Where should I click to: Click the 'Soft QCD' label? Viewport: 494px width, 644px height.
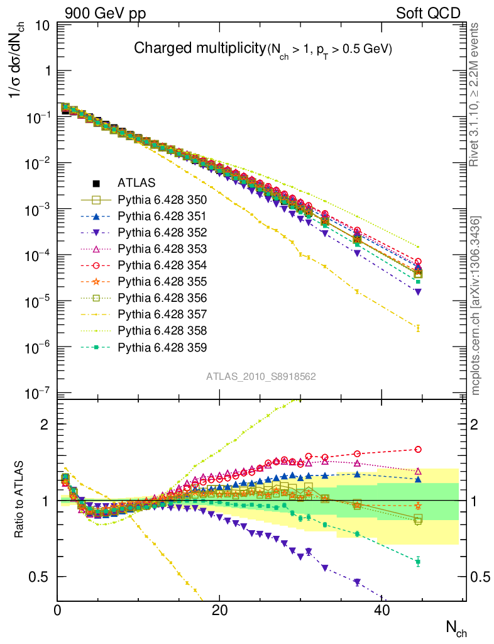coord(428,13)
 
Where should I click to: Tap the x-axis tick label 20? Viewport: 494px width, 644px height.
coord(219,610)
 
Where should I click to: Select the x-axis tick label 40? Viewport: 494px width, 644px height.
coord(381,610)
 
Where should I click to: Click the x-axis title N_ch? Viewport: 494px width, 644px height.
coord(456,626)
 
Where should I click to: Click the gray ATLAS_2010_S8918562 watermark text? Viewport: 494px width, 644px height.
coord(261,376)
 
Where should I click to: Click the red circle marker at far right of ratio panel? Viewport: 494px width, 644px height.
coord(418,449)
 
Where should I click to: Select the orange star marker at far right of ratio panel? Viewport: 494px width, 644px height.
coord(418,505)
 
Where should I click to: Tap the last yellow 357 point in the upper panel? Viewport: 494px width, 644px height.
coord(418,328)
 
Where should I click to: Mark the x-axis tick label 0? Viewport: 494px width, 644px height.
coord(57,610)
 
